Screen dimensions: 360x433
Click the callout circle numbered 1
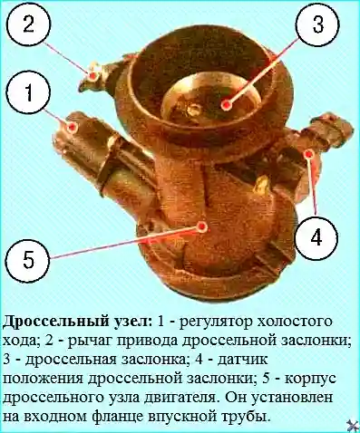(28, 91)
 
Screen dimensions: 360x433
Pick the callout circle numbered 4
(316, 237)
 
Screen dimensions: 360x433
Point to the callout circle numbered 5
(28, 259)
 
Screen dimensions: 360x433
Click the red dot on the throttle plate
(226, 105)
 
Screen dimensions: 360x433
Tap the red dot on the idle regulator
(72, 127)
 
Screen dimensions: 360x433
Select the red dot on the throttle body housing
(202, 226)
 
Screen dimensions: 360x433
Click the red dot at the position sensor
(308, 154)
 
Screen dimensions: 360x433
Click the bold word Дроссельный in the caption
(55, 322)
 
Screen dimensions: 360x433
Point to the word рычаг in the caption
(90, 342)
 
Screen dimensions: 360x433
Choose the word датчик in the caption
(242, 360)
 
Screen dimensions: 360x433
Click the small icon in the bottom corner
(353, 425)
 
